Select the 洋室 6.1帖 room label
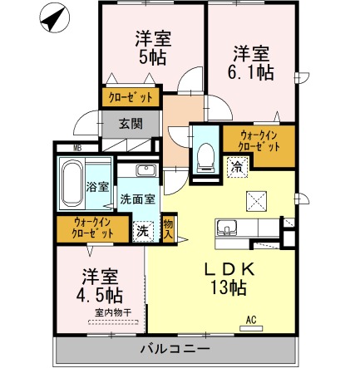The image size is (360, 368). pos(250,62)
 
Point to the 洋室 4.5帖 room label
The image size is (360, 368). pos(98,284)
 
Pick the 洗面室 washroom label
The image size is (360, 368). pos(136,199)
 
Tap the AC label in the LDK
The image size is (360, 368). pos(249,319)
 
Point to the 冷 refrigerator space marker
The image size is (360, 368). pos(237,167)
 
